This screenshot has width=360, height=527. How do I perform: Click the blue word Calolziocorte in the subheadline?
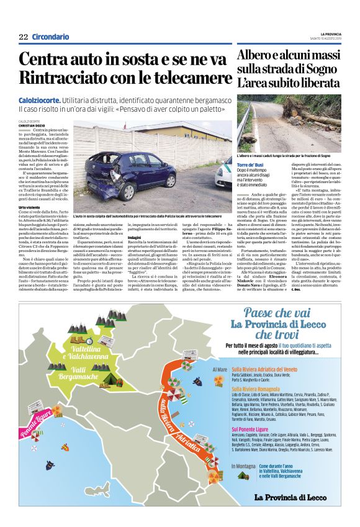[x=40, y=99]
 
